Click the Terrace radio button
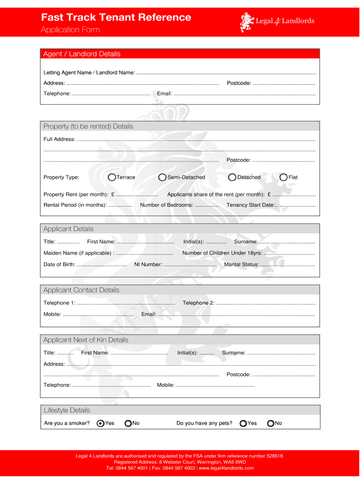[x=112, y=177]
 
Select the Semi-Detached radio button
[x=162, y=177]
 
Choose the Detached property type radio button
[x=232, y=177]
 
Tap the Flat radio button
[x=283, y=177]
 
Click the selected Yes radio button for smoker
[x=100, y=423]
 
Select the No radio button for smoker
[x=128, y=423]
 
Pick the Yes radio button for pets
[x=243, y=423]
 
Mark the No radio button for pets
[x=270, y=423]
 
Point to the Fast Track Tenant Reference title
[x=116, y=17]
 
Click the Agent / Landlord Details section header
[x=82, y=54]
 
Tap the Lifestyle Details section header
[x=67, y=410]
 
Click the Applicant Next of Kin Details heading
[x=86, y=340]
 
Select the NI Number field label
[x=148, y=265]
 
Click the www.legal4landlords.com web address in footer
[x=226, y=468]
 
